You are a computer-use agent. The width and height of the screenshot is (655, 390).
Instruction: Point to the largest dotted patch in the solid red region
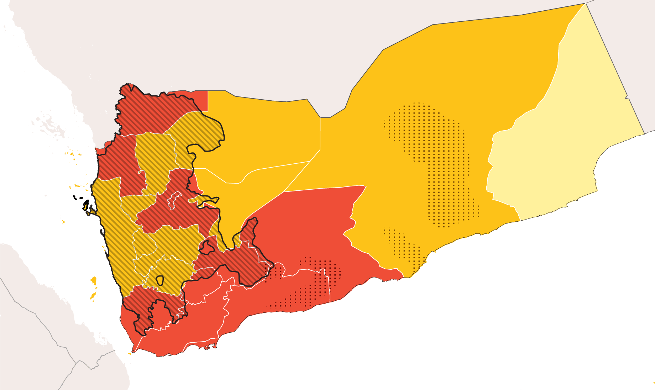[313, 281]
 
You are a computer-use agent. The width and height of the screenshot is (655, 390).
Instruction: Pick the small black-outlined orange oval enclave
[159, 280]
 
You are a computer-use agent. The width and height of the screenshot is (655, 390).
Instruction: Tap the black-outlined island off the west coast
[87, 206]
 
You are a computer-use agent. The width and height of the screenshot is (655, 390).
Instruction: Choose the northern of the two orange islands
[94, 281]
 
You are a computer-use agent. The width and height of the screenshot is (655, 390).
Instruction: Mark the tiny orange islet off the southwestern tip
[130, 353]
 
